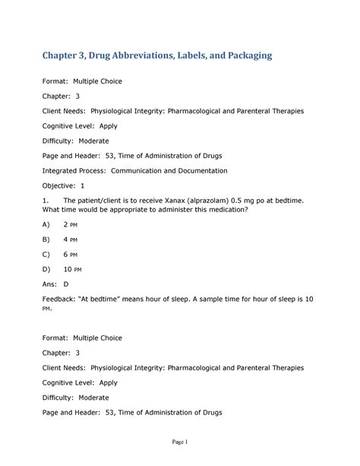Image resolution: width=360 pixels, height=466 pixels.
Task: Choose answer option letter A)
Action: [46, 225]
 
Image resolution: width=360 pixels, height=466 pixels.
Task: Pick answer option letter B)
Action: [46, 240]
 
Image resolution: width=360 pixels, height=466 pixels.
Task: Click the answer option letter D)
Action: [46, 269]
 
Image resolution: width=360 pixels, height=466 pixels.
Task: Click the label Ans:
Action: [49, 284]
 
